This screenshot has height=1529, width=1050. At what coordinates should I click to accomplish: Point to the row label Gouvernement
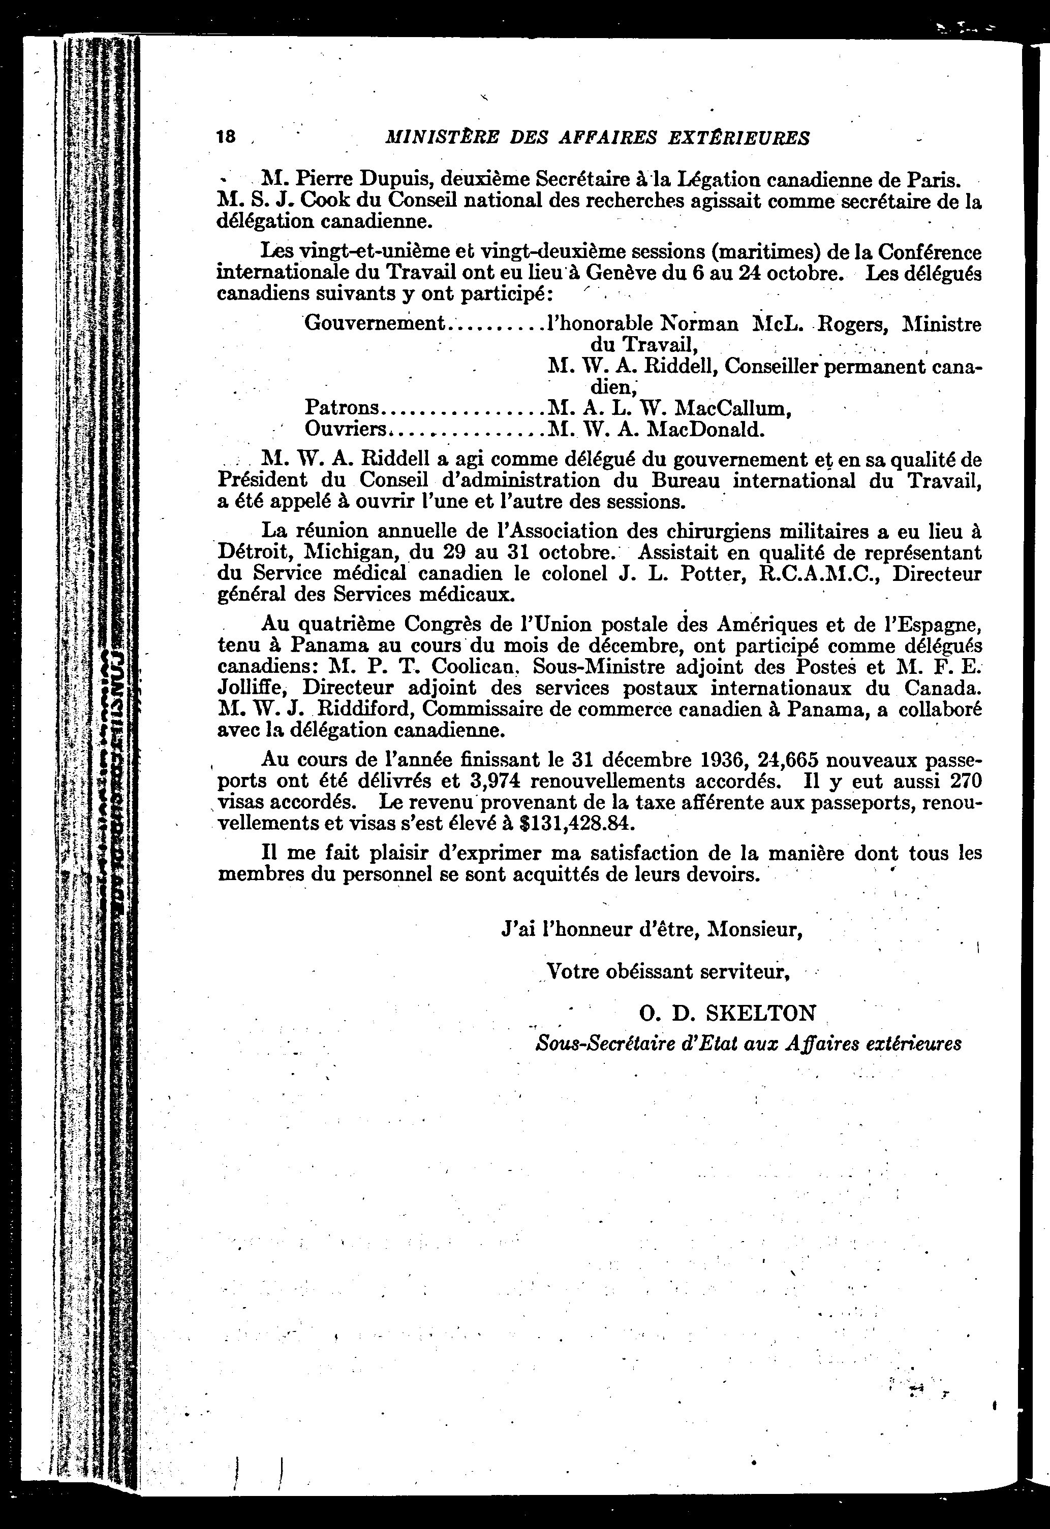(x=375, y=323)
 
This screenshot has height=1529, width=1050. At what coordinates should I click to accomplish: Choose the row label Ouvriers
(x=346, y=429)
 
